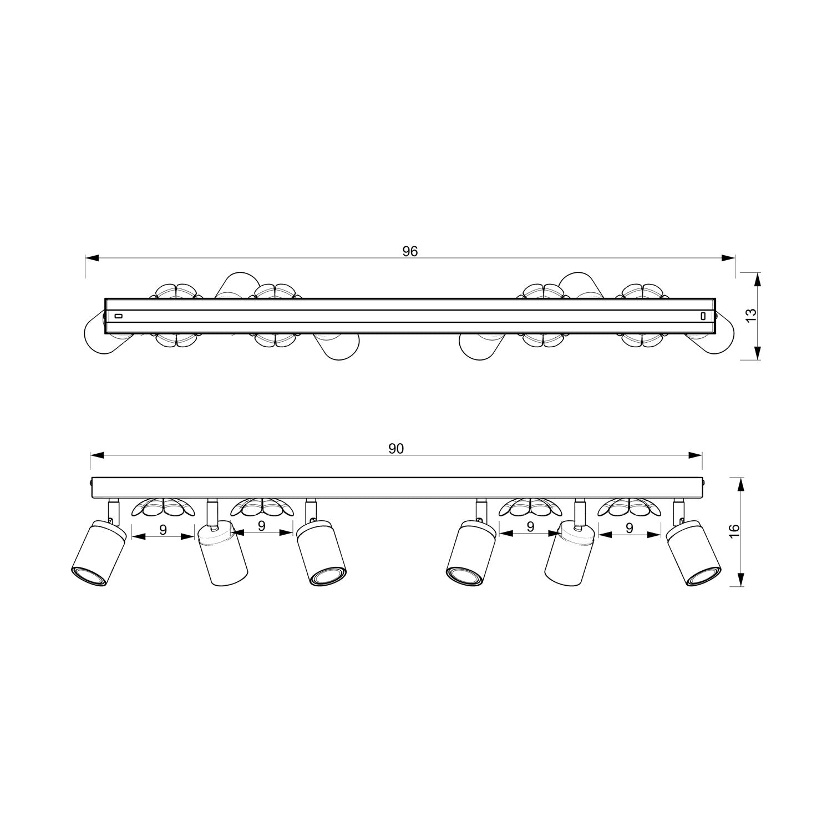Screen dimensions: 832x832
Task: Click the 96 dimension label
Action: pos(410,251)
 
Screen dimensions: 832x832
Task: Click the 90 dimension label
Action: pos(395,449)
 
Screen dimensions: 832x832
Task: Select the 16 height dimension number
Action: pos(734,530)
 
